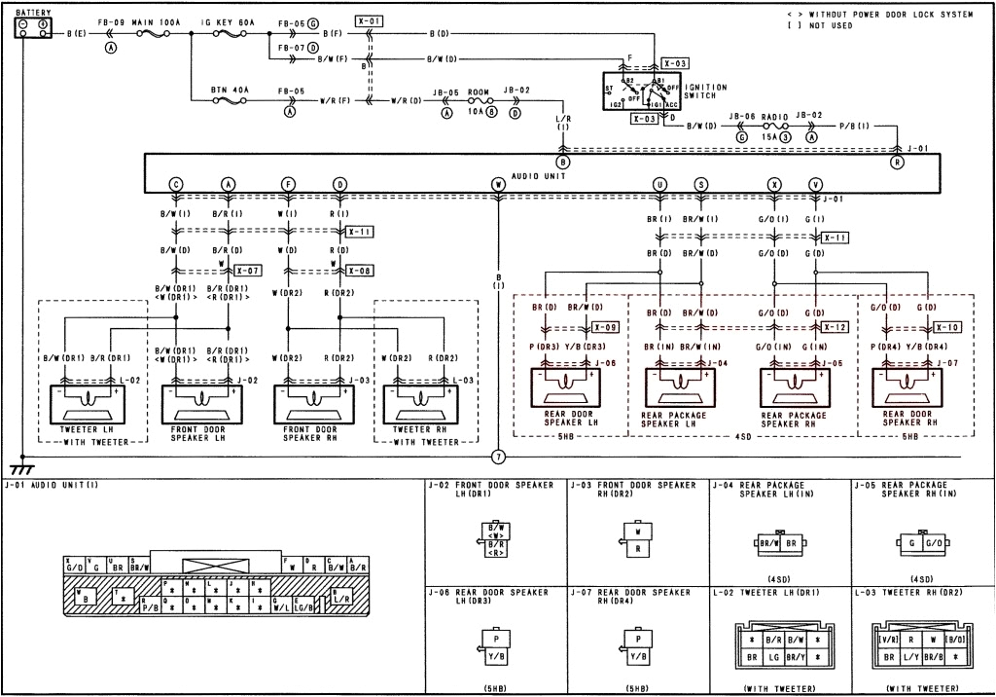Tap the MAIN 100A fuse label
pos(142,20)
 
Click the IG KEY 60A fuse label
pos(230,20)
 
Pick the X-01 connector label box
pos(370,20)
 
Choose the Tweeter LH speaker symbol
pos(84,400)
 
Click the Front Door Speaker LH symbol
pos(202,400)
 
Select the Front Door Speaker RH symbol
pos(313,400)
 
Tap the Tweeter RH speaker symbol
pos(424,400)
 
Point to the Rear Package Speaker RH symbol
pos(795,388)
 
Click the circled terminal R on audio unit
pos(897,163)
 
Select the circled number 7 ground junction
pos(498,456)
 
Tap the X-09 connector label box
pos(605,327)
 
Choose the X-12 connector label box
pos(835,327)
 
